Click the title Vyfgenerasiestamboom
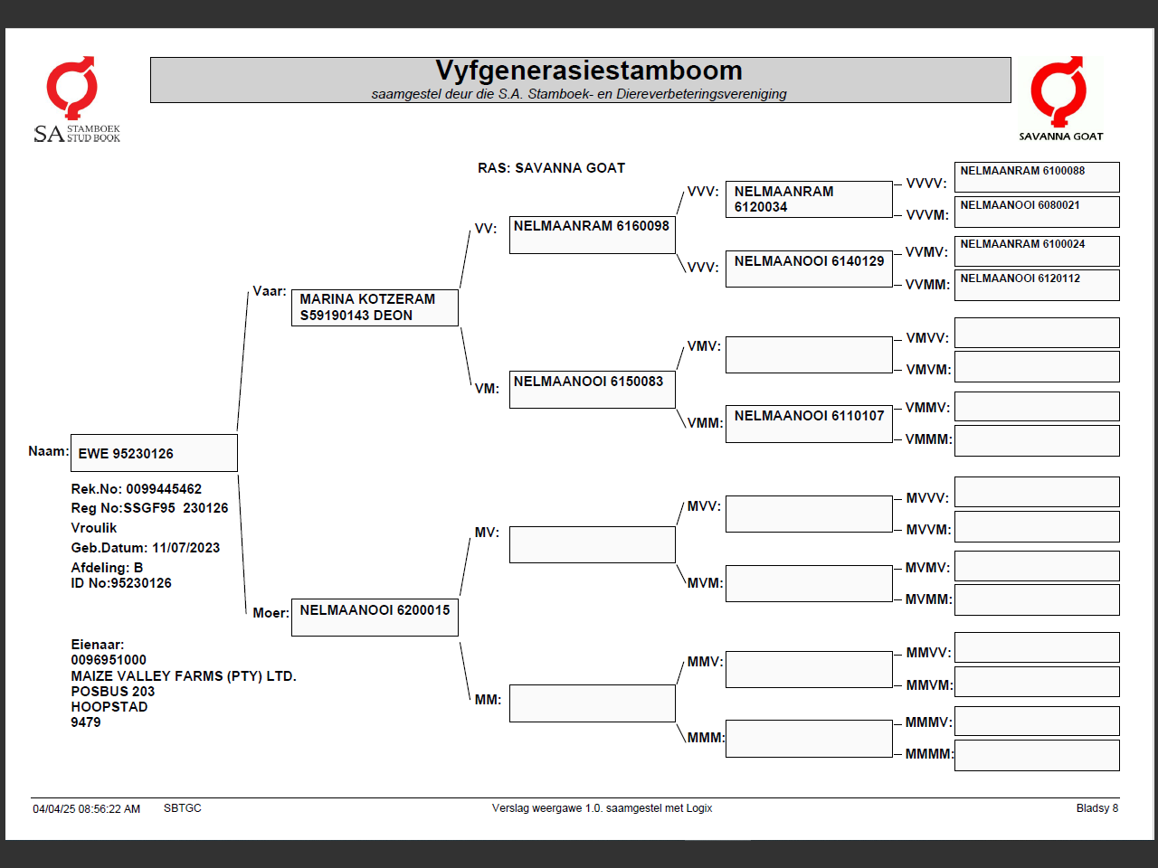click(588, 71)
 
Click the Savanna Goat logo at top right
click(1060, 99)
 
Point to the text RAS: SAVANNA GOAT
click(551, 168)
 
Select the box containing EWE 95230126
click(154, 453)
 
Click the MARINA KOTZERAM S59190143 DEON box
click(375, 307)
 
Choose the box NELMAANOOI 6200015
click(375, 617)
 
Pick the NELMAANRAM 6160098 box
click(592, 234)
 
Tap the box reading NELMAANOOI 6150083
click(592, 390)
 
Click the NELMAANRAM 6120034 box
click(809, 199)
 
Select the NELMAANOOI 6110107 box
click(809, 424)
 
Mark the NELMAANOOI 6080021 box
click(1037, 212)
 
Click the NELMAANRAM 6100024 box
click(1037, 250)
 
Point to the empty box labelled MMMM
click(1037, 755)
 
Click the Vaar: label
click(270, 291)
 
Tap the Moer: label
click(271, 613)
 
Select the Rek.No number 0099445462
click(164, 489)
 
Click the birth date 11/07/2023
click(185, 548)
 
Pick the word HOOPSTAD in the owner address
click(109, 707)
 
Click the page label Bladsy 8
click(1096, 808)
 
